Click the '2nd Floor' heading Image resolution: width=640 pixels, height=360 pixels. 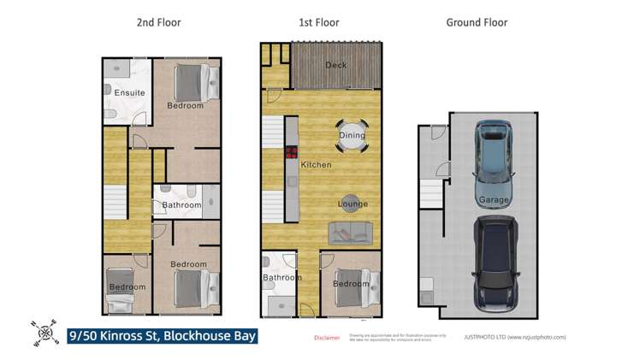(159, 23)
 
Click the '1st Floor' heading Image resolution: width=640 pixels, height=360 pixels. (321, 23)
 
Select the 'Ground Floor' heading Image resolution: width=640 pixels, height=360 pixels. (477, 23)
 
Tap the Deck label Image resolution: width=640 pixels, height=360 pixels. (335, 65)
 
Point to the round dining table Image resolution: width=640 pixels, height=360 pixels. (352, 135)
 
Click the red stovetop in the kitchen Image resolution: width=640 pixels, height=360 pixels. (291, 154)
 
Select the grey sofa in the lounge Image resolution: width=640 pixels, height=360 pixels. (351, 231)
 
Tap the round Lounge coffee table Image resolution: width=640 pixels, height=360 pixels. (353, 203)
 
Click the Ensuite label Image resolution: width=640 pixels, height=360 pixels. (129, 92)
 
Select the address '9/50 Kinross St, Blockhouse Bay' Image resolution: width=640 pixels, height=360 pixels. (163, 336)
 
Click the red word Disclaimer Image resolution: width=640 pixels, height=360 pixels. (327, 338)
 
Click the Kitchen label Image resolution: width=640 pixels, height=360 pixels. (316, 164)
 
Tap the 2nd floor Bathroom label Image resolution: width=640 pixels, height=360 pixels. (181, 205)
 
